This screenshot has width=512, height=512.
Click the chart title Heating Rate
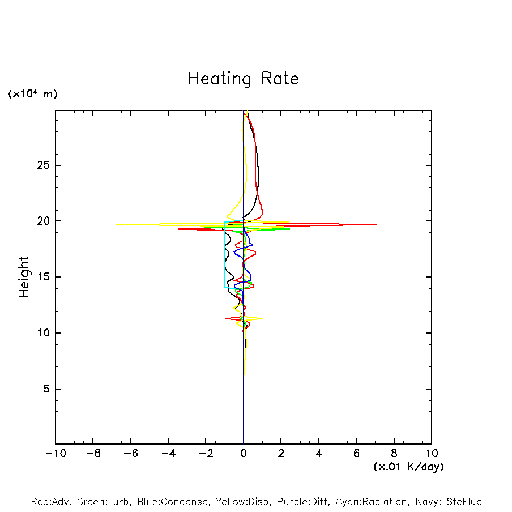pos(243,79)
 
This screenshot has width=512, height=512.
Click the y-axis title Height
pos(24,277)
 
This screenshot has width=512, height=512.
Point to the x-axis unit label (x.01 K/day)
pos(408,467)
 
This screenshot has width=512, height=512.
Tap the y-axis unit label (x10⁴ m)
pos(32,94)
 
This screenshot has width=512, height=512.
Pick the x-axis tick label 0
pos(244,453)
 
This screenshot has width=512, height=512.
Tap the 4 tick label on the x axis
pos(319,453)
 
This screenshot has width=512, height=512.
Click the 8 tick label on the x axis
pos(394,453)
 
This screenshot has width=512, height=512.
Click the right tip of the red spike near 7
pos(377,225)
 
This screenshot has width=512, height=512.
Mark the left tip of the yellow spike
pos(117,225)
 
